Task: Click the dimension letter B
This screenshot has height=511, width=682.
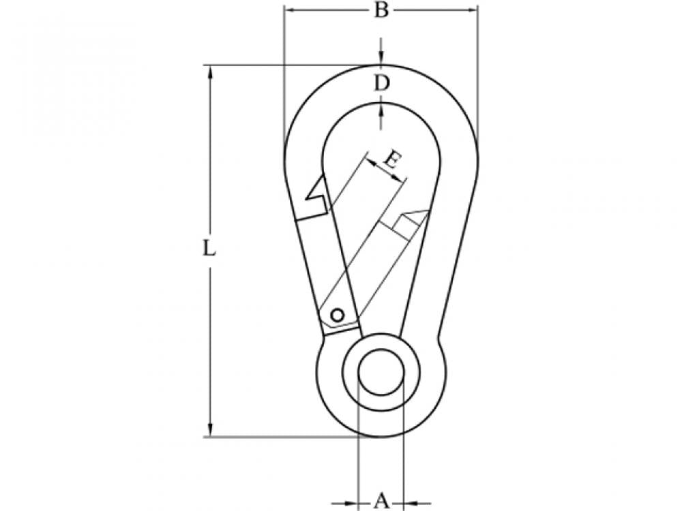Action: click(x=381, y=11)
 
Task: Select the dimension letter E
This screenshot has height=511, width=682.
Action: click(x=391, y=161)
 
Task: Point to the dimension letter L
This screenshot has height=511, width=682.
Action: click(x=210, y=249)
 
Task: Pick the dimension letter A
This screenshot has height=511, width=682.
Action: click(x=381, y=501)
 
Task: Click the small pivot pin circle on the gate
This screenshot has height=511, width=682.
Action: click(x=337, y=314)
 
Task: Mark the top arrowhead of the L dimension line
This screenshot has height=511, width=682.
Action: click(x=210, y=71)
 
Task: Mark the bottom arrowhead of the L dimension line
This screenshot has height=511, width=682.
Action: click(x=210, y=430)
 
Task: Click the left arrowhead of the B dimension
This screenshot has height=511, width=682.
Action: click(x=289, y=10)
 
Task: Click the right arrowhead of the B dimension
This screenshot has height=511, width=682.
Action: click(x=471, y=10)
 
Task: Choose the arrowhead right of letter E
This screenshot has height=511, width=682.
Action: click(x=401, y=178)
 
